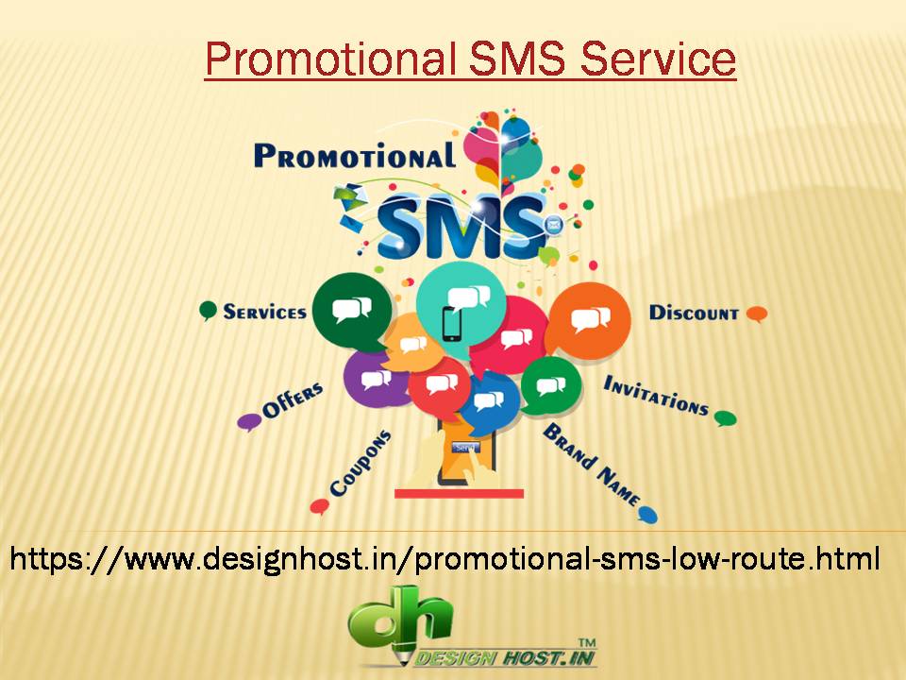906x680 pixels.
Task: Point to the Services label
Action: coord(264,311)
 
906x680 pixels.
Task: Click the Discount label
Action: coord(694,313)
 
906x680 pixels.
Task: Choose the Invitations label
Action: coord(656,395)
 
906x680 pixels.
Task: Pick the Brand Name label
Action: coord(591,464)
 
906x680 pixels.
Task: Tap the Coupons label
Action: coord(360,464)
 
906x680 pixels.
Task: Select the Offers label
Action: coord(293,402)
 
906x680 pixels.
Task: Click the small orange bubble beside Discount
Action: coord(756,314)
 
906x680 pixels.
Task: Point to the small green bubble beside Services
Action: coord(209,311)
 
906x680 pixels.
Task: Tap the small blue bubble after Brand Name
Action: coord(647,514)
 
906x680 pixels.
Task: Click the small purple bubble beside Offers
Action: coord(249,421)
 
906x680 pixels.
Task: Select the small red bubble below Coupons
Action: coord(319,507)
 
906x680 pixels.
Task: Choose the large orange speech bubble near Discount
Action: coord(589,321)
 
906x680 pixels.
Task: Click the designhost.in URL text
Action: coord(445,558)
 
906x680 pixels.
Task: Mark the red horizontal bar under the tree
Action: coord(459,492)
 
